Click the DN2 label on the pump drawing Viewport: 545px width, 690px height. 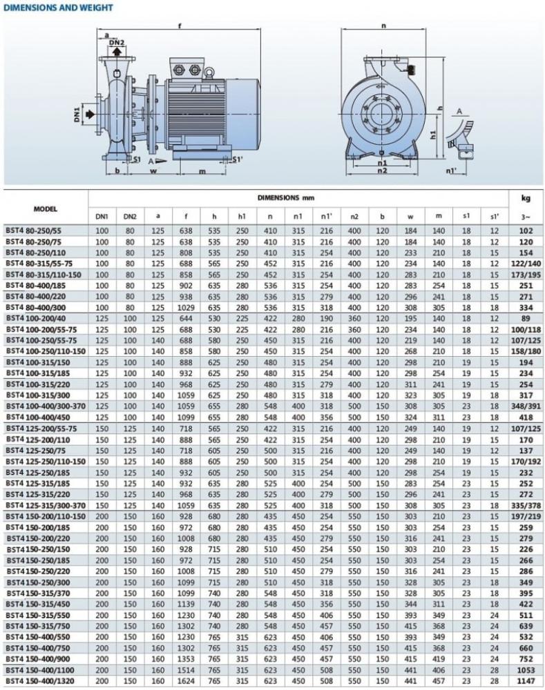point(118,46)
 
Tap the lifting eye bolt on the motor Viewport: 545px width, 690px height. point(207,70)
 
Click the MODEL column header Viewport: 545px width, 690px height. point(46,208)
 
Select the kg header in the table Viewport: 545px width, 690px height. point(524,198)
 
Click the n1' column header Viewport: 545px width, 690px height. point(325,217)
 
